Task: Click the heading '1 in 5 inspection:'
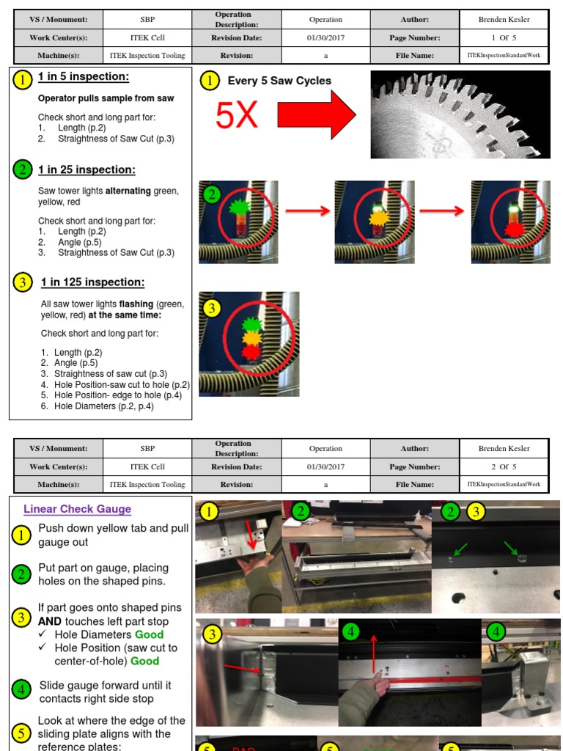[x=84, y=77]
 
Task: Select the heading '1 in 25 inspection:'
[x=87, y=170]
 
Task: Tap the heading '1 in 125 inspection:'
[x=92, y=282]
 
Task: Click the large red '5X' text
[x=236, y=115]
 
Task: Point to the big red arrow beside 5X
[x=316, y=115]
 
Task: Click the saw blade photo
[x=460, y=114]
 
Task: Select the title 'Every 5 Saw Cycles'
[x=279, y=81]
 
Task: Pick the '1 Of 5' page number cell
[x=504, y=37]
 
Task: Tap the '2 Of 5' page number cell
[x=504, y=466]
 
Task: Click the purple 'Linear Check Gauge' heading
[x=77, y=509]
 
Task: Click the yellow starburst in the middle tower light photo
[x=377, y=218]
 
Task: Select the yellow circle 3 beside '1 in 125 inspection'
[x=23, y=282]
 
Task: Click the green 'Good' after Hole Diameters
[x=149, y=634]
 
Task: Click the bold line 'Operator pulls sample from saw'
[x=106, y=98]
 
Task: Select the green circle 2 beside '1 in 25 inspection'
[x=23, y=170]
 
